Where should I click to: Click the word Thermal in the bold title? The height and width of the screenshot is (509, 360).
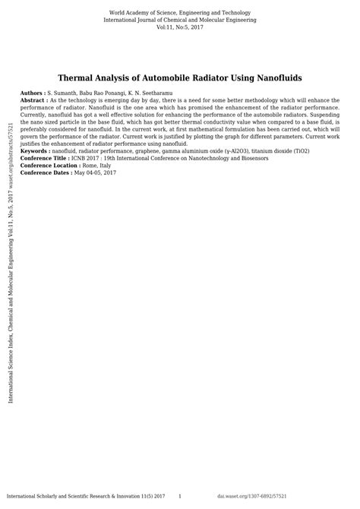point(80,77)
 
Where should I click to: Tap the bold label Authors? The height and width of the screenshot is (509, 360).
point(33,92)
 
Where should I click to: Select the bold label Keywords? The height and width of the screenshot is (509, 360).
point(35,151)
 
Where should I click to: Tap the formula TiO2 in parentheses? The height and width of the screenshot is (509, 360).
point(298,151)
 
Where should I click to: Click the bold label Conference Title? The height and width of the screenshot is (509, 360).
point(46,158)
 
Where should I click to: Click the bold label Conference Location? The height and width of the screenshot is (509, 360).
point(50,166)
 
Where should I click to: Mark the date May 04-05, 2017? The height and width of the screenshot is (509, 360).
point(95,173)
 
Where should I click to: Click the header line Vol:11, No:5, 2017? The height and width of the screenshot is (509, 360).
point(180,27)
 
